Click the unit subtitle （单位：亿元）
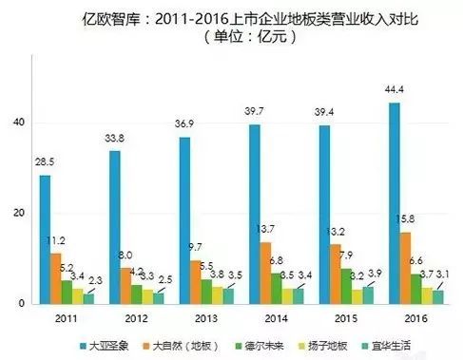pyautogui.click(x=243, y=39)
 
